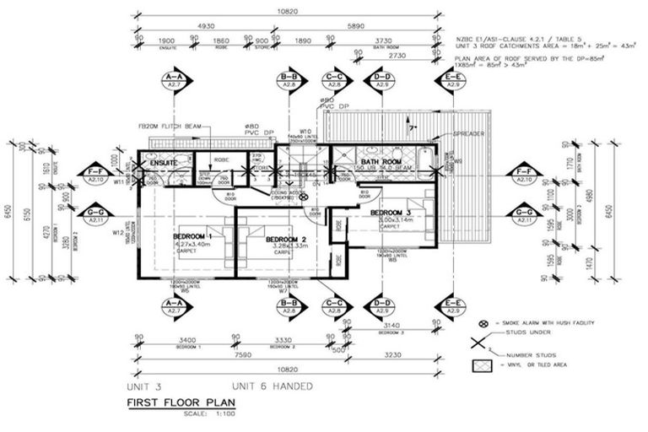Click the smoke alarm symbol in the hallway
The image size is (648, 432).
306,199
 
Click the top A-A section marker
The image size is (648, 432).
174,81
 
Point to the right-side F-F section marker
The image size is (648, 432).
524,175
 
